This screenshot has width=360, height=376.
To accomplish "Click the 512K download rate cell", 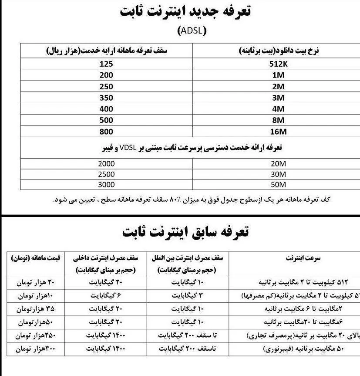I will click(277, 64).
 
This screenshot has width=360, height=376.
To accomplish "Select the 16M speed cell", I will click(277, 132).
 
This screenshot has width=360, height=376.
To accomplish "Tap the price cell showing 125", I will click(106, 64).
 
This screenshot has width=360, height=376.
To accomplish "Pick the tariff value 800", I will click(106, 132).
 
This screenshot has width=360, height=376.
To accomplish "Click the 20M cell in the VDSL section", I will click(277, 164).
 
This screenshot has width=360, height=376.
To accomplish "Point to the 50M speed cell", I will click(277, 184).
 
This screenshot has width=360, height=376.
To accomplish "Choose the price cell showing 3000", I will click(106, 184).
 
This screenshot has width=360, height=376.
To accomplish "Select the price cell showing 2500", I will click(106, 174).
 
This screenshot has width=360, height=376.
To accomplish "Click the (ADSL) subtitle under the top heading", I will click(192, 31).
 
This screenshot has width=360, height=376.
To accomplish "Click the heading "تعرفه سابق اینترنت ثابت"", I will click(185, 232).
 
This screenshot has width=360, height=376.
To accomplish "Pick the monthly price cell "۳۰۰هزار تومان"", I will click(37, 349).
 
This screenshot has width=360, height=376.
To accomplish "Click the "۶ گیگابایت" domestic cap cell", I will click(106, 295).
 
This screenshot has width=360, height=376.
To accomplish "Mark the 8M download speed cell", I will click(277, 120).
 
